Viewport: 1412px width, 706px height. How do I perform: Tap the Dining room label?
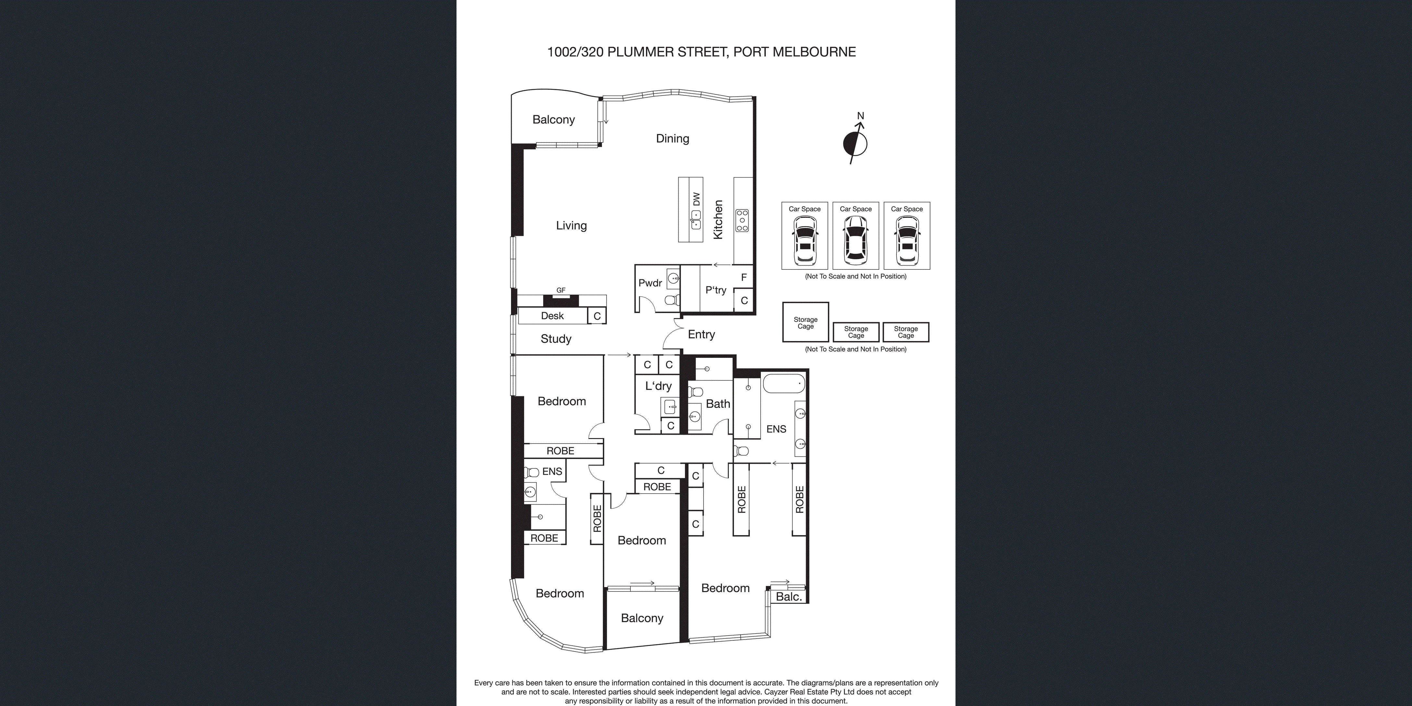point(673,139)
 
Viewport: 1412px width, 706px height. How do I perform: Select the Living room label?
point(571,225)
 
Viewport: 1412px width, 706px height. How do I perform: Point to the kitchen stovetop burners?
point(742,220)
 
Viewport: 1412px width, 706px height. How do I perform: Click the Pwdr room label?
point(650,283)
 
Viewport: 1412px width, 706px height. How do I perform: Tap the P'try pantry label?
point(716,290)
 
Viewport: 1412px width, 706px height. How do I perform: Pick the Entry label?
point(701,335)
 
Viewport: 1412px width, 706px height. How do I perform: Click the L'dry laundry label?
point(658,386)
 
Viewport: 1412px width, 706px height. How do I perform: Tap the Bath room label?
point(717,404)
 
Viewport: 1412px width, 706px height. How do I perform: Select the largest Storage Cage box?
point(805,322)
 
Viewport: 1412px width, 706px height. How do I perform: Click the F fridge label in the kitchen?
point(744,277)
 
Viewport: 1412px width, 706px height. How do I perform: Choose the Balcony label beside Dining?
point(554,119)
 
